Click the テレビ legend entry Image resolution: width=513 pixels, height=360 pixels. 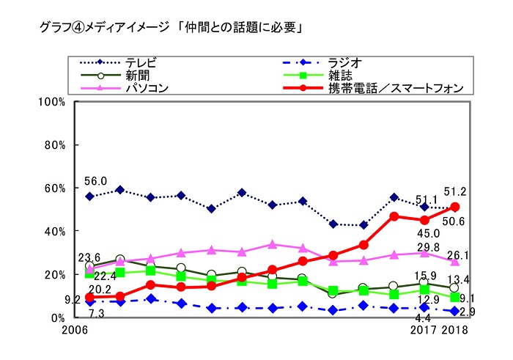(140, 62)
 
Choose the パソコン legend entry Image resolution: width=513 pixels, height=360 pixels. (147, 88)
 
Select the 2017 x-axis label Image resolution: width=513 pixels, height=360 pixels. (424, 331)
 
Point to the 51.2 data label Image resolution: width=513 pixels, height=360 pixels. (455, 192)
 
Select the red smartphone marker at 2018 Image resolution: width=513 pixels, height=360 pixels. (454, 207)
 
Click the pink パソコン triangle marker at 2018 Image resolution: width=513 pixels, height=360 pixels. (454, 260)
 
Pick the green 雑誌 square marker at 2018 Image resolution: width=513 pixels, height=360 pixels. (454, 297)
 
